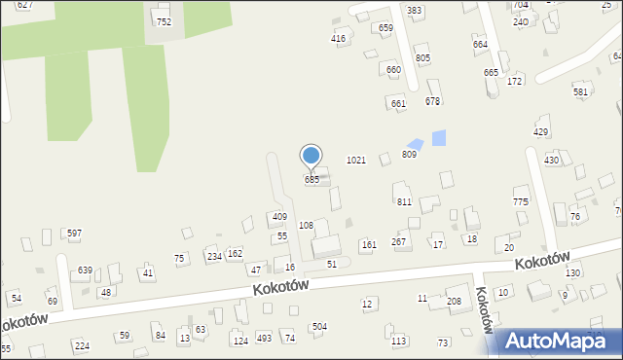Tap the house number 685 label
click(x=311, y=180)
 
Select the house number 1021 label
click(x=356, y=160)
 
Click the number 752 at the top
click(x=164, y=21)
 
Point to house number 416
click(x=338, y=39)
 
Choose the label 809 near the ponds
click(x=409, y=155)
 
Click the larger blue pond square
click(x=438, y=137)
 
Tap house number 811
click(x=404, y=201)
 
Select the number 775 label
click(x=521, y=201)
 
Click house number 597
click(x=74, y=234)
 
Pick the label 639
click(x=85, y=270)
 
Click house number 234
click(x=214, y=256)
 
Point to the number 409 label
click(x=279, y=217)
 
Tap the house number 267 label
click(x=398, y=241)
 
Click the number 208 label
click(x=454, y=302)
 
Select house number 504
click(x=319, y=326)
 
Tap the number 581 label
click(x=581, y=91)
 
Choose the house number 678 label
click(x=433, y=101)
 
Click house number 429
click(x=541, y=131)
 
